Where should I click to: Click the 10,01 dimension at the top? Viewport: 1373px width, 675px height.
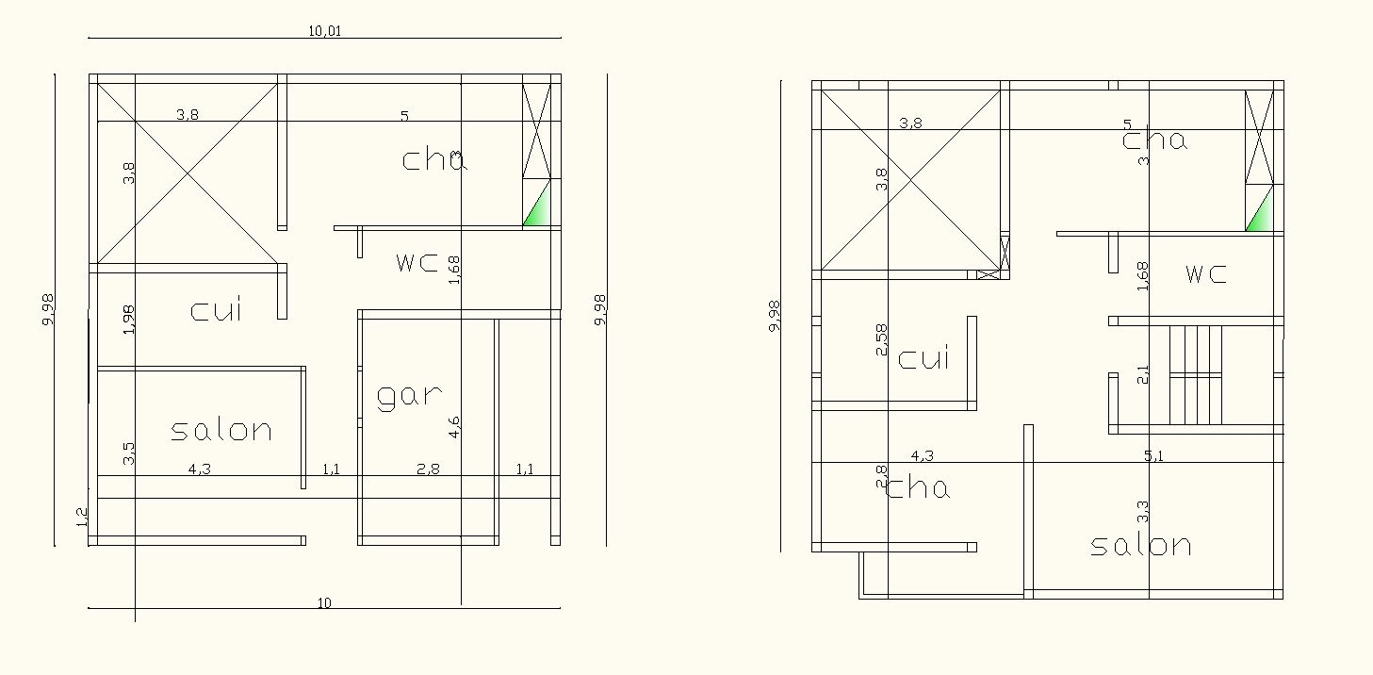pyautogui.click(x=324, y=31)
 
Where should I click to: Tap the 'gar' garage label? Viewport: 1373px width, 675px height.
pyautogui.click(x=410, y=396)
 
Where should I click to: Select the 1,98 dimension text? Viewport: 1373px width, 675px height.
pyautogui.click(x=130, y=319)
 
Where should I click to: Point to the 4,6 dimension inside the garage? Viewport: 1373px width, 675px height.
pyautogui.click(x=455, y=427)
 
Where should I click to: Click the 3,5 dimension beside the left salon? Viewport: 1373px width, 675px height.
pyautogui.click(x=130, y=453)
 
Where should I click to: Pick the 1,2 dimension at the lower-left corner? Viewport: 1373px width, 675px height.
pyautogui.click(x=81, y=517)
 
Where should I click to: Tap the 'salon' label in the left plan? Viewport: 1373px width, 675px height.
pyautogui.click(x=221, y=431)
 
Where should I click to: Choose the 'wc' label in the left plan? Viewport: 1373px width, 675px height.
pyautogui.click(x=417, y=263)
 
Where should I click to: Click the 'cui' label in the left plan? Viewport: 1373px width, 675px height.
pyautogui.click(x=216, y=310)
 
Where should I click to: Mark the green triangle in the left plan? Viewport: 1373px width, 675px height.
pyautogui.click(x=538, y=209)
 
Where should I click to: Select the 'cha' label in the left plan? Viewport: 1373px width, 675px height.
pyautogui.click(x=434, y=159)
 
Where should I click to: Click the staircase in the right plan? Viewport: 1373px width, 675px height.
pyautogui.click(x=1196, y=375)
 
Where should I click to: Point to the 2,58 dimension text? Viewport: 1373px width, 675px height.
pyautogui.click(x=882, y=339)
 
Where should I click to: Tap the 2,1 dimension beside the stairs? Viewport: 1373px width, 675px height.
pyautogui.click(x=1144, y=374)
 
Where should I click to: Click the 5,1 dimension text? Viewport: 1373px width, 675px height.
pyautogui.click(x=1154, y=456)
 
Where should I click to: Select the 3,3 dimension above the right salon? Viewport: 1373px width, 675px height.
pyautogui.click(x=1144, y=511)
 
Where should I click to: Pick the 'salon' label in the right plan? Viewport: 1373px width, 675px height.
pyautogui.click(x=1141, y=546)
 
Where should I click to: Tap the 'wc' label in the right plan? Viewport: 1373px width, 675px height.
pyautogui.click(x=1206, y=274)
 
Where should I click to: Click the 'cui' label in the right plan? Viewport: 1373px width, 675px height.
pyautogui.click(x=924, y=359)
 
